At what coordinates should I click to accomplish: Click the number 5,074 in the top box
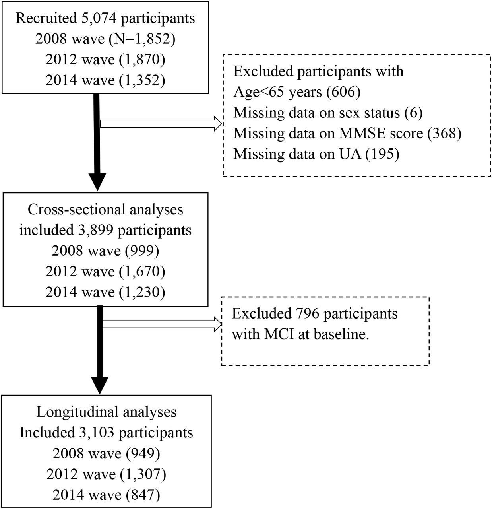coord(96,19)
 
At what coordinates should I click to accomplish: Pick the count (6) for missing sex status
coord(413,113)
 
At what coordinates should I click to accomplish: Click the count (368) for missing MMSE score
coord(444,133)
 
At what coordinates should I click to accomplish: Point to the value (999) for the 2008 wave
coord(142,251)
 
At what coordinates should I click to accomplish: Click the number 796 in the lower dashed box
coord(308,313)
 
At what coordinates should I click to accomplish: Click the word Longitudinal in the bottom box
coord(77,412)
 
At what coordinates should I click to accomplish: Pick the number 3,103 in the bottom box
coord(96,433)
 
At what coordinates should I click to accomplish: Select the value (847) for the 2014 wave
coord(143,495)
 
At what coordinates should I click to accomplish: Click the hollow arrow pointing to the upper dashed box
coord(161,124)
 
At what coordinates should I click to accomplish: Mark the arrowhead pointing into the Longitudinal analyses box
coord(100,385)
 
